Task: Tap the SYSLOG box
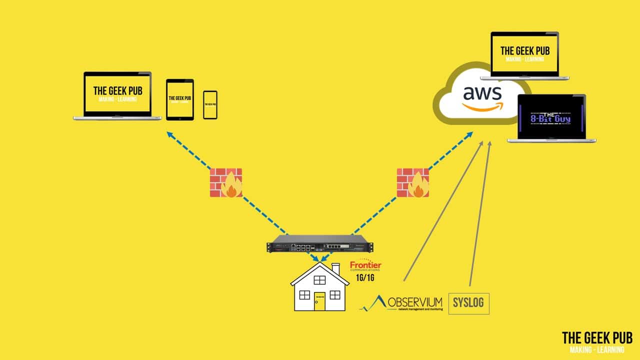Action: click(468, 303)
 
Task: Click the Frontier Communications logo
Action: click(365, 266)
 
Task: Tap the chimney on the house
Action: click(335, 268)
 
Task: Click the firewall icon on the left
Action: click(225, 182)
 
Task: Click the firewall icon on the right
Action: click(413, 182)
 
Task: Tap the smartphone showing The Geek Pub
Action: click(210, 105)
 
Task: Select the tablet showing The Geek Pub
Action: click(179, 99)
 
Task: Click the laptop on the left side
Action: click(117, 96)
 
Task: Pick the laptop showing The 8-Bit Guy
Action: click(551, 118)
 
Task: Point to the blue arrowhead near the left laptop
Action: click(170, 134)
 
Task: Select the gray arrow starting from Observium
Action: click(443, 210)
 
